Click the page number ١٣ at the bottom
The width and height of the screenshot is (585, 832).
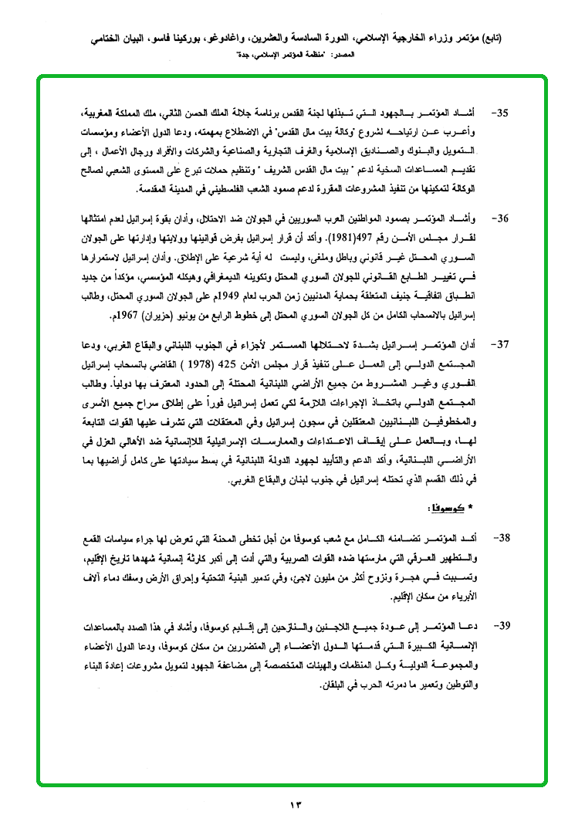coord(295,806)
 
